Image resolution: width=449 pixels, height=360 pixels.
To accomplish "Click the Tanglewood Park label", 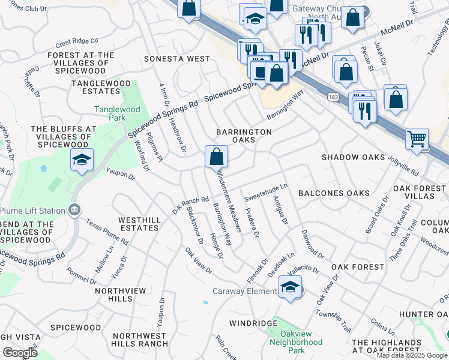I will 117,114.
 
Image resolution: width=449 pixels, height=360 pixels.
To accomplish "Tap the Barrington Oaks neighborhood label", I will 244,136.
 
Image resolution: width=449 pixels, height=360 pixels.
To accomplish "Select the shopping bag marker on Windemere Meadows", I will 216,157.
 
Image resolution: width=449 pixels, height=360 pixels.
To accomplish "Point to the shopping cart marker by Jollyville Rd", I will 417,140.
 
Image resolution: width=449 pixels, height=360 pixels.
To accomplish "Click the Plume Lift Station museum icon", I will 74,209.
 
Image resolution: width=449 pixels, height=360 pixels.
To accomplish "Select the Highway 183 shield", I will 332,96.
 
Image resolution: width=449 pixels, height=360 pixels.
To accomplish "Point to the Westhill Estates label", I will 139,224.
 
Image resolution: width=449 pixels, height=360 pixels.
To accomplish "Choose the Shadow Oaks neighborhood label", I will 353,157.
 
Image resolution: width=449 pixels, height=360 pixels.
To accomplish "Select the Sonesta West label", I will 177,59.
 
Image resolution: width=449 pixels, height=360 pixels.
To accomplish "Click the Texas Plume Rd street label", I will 107,232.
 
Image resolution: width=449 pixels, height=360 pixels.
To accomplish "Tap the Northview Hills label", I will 121,295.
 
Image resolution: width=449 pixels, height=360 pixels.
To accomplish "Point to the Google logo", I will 20,353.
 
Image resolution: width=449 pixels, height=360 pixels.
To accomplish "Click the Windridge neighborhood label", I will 253,323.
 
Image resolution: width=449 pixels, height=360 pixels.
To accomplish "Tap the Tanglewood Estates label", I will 96,87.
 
